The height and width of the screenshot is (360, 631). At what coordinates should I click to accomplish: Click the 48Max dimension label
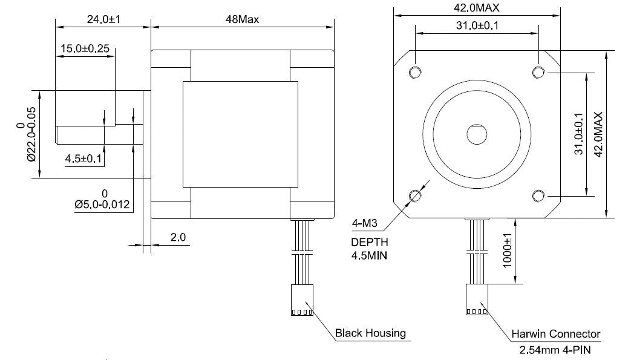pos(242,19)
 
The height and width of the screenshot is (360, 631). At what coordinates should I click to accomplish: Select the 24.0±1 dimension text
pos(103,19)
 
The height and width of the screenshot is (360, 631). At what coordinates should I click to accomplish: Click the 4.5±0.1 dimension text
pos(85,159)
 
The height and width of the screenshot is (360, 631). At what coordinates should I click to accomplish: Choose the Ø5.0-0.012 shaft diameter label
pos(102,204)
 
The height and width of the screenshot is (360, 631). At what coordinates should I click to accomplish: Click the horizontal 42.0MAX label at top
pos(476,7)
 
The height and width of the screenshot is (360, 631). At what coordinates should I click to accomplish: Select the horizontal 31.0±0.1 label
pos(477,25)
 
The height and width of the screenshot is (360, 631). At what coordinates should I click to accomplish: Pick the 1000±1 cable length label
pos(507,250)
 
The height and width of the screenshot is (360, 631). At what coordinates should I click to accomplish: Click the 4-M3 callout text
pos(365,224)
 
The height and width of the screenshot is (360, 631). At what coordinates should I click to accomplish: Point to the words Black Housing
pos(370,333)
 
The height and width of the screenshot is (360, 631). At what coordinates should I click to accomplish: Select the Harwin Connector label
pos(555,333)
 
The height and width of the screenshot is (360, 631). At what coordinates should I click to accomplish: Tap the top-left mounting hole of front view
pos(415,73)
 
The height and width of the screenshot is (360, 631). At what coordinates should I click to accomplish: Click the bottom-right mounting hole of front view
pos(538,195)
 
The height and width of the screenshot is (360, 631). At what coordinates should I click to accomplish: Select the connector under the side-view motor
pos(301,301)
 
